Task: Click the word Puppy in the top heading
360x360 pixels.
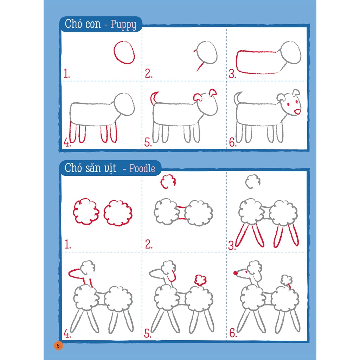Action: coord(123,25)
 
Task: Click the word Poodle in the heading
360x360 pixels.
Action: coord(142,168)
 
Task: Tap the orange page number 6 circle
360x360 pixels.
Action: coord(58,345)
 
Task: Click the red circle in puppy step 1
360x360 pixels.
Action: coord(124,52)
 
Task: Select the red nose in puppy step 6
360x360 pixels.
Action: coord(297,112)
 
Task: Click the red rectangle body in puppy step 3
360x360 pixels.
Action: coord(257,62)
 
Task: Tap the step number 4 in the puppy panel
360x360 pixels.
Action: coord(67,142)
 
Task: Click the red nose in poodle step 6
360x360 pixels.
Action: coord(235,272)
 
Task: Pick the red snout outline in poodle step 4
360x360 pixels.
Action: coord(75,272)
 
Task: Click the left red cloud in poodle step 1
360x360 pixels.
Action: coord(86,212)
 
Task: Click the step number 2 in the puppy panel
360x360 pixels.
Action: coord(149,74)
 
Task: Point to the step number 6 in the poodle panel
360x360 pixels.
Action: coord(233,333)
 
